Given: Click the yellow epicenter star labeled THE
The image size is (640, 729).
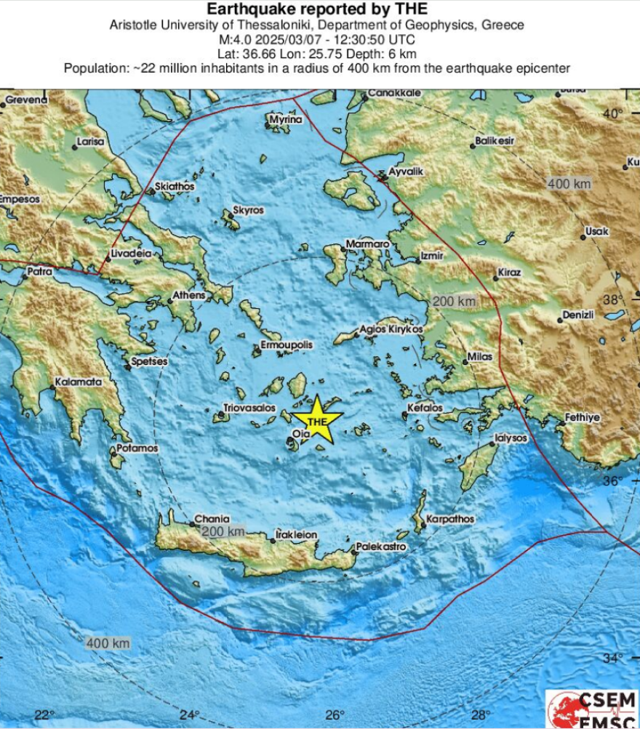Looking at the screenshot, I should coord(317,421).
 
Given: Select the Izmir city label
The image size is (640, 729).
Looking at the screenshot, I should coord(431,257).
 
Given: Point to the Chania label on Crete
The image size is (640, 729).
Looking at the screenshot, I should coord(212,520).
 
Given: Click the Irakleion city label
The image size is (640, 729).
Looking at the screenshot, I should coord(297,535).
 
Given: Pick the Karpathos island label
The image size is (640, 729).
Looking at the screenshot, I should coord(450,519).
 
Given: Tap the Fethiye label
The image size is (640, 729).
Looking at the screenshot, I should coord(583,418).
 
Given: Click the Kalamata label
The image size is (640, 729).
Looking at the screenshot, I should coord(79,382).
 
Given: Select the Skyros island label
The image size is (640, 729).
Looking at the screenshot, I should coord(248,211).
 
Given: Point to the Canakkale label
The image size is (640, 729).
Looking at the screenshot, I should coord(395,93).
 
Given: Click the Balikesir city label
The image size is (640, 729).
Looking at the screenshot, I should coord(495,140).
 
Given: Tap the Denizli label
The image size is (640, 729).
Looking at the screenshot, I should coord(579,315).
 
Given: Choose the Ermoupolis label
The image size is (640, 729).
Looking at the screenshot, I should coord(287,345).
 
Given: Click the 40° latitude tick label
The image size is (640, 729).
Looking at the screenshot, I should coord(612,113).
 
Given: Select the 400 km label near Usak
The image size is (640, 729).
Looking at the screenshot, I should coord(569,184).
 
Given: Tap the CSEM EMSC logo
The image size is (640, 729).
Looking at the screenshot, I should coord(592,709).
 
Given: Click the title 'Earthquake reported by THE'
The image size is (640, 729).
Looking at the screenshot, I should coord(317,9).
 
